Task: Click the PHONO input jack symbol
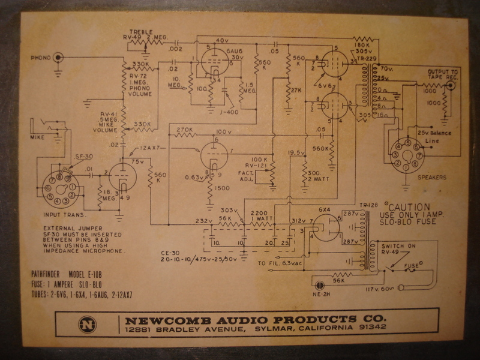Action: tap(58, 58)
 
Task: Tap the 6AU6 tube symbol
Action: tap(211, 62)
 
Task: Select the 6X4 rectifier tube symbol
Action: tap(325, 227)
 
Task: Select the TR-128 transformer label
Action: tap(368, 205)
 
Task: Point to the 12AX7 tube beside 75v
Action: tap(123, 178)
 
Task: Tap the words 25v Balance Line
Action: tap(434, 136)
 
